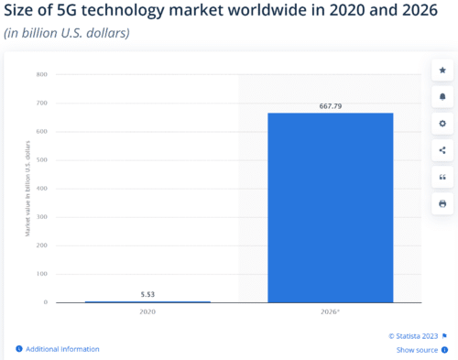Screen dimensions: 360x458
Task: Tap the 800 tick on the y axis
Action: point(42,75)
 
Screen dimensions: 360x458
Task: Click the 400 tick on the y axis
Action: point(42,189)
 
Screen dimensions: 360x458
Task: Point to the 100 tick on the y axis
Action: point(42,274)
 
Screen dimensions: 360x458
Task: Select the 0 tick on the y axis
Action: point(45,302)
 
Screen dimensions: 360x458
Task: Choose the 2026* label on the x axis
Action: point(331,312)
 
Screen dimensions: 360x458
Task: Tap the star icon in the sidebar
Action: point(442,70)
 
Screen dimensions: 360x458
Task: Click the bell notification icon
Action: point(442,96)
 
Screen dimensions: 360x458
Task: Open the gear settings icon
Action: point(442,123)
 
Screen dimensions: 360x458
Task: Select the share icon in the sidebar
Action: point(442,149)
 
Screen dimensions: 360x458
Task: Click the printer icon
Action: point(442,202)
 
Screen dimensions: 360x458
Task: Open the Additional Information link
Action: point(62,349)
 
